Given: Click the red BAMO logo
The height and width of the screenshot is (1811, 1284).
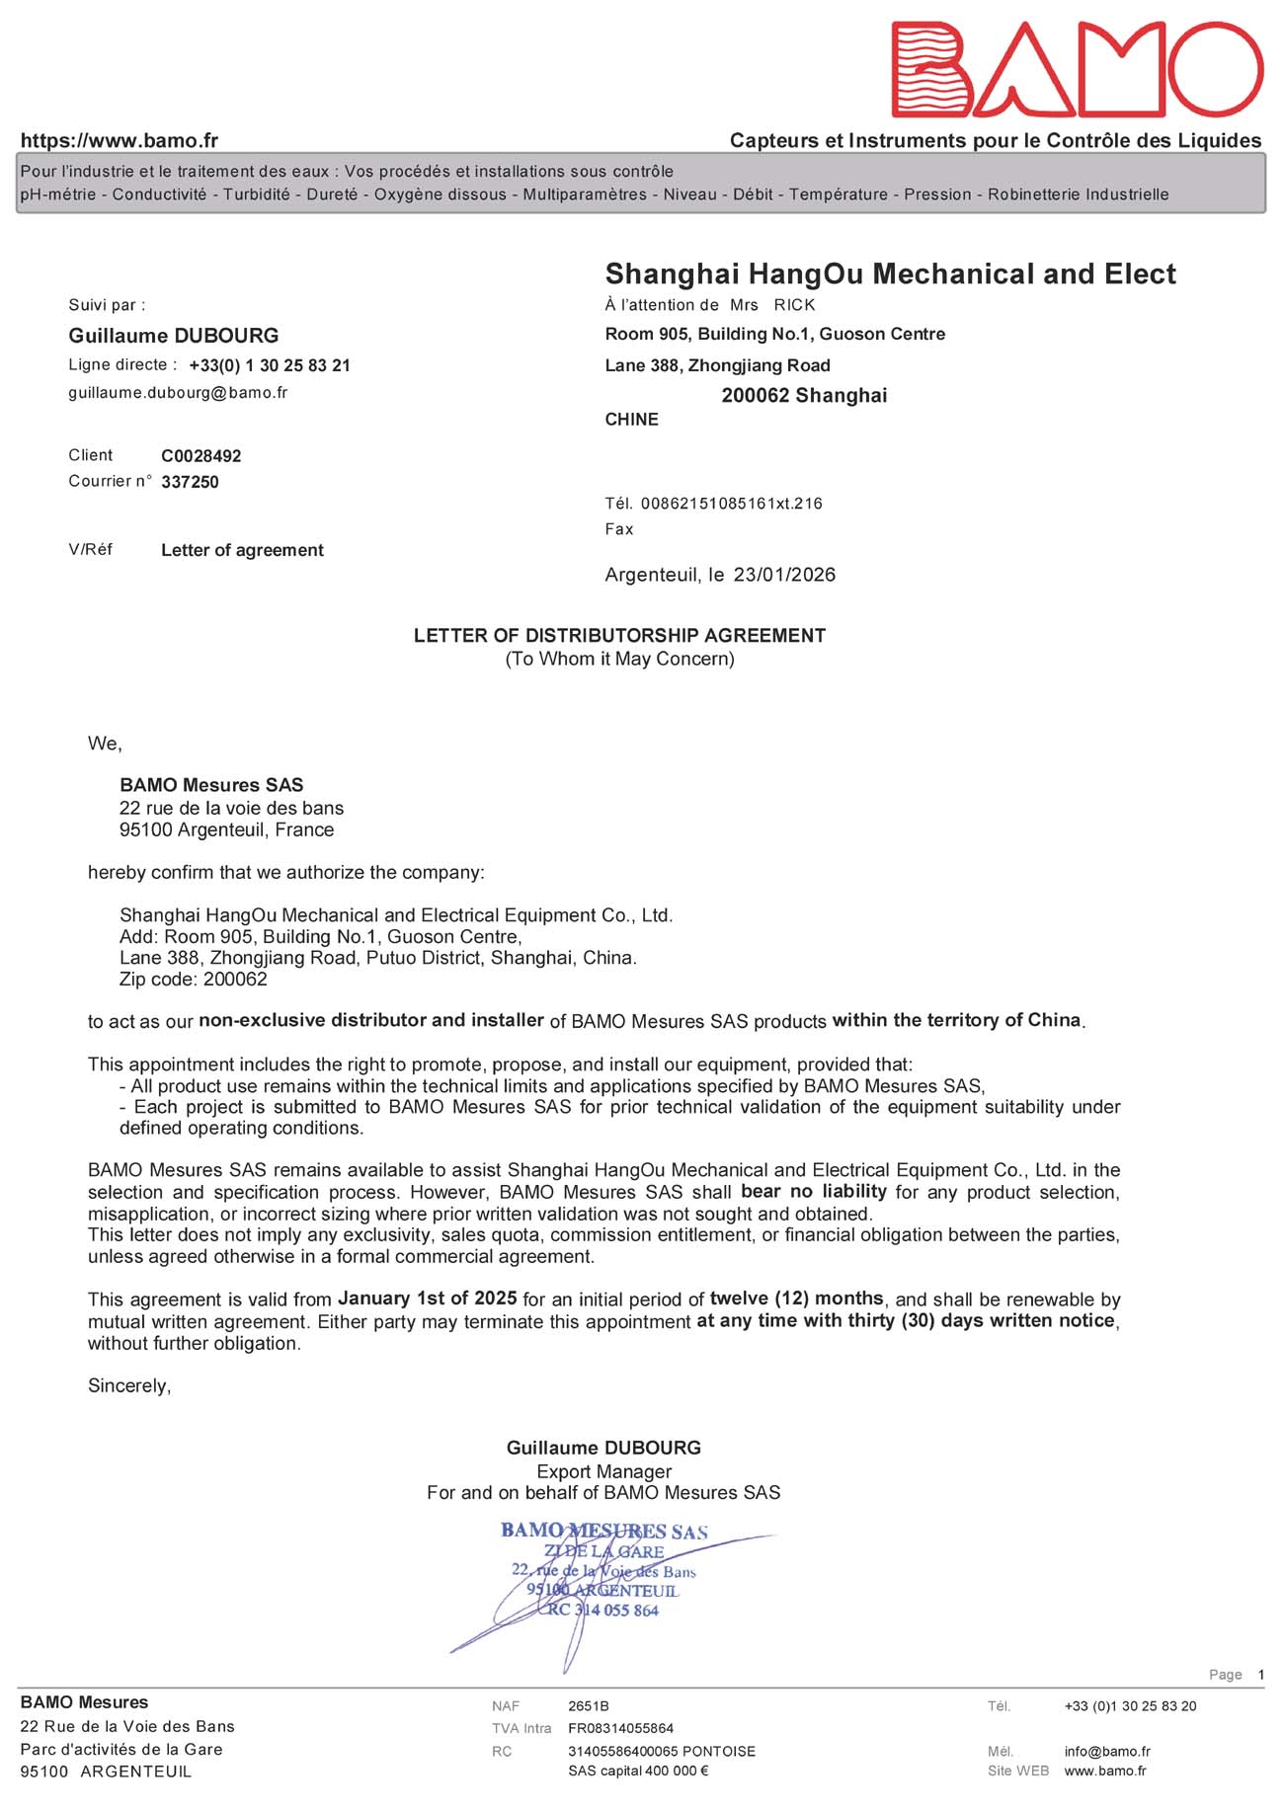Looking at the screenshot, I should point(1077,69).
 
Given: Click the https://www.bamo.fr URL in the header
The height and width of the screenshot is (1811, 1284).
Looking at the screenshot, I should point(120,141).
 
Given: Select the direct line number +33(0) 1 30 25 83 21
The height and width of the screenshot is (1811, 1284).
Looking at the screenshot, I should point(270,365).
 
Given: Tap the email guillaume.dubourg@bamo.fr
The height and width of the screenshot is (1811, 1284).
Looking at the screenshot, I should point(178,393).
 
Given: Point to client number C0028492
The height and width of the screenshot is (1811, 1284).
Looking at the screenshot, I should point(201,456).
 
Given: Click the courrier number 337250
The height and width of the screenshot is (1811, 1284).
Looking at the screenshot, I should point(190,482).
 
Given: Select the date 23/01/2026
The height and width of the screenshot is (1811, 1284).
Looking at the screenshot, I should point(784,575).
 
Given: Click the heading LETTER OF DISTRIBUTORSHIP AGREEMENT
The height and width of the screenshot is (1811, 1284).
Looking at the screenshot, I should point(619,636).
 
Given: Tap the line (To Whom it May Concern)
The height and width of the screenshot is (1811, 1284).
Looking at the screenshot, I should point(619,659).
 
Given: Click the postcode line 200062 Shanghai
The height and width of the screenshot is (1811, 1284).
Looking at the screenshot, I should point(804,396).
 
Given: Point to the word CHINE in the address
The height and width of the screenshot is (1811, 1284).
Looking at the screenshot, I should point(631,420).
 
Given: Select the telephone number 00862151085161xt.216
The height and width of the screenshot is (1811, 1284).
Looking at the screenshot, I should point(731,504).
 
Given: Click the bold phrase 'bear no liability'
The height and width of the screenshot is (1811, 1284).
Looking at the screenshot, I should point(813,1191).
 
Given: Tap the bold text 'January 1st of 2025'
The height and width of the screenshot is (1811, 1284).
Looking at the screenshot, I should point(428,1298).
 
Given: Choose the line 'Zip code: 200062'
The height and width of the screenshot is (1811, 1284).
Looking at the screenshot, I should point(194,980).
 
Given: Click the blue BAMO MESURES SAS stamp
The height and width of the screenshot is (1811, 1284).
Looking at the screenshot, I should point(603,1570).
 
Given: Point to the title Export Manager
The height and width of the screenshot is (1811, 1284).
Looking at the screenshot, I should point(603,1471).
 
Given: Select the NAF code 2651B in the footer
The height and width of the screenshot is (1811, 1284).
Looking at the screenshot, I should point(589,1706).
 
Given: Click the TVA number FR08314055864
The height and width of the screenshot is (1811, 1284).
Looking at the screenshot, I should point(620,1728).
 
